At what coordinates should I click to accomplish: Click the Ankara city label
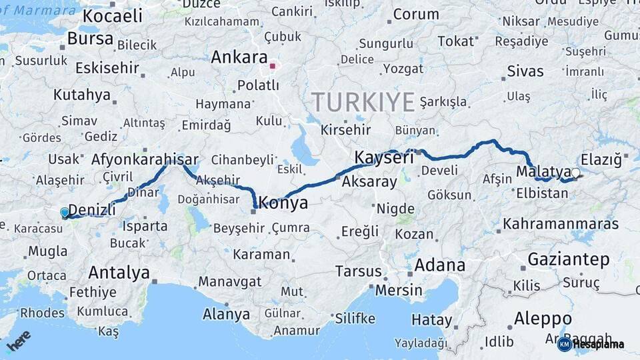[239, 57]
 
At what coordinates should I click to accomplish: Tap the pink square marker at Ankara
[272, 66]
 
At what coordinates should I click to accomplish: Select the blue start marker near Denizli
[64, 212]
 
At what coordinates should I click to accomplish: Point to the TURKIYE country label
[363, 102]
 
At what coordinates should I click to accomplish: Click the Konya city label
[283, 203]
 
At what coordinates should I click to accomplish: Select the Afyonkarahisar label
[145, 159]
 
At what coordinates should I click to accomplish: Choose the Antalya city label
[119, 273]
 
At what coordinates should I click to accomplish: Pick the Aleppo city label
[543, 319]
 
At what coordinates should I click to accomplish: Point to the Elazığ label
[601, 159]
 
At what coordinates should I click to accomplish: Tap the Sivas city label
[525, 71]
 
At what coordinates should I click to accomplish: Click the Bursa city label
[91, 39]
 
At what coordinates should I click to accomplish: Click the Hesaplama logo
[591, 344]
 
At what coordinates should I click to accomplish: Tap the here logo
[19, 341]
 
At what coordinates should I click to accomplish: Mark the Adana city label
[439, 265]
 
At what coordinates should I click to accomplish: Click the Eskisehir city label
[107, 68]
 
